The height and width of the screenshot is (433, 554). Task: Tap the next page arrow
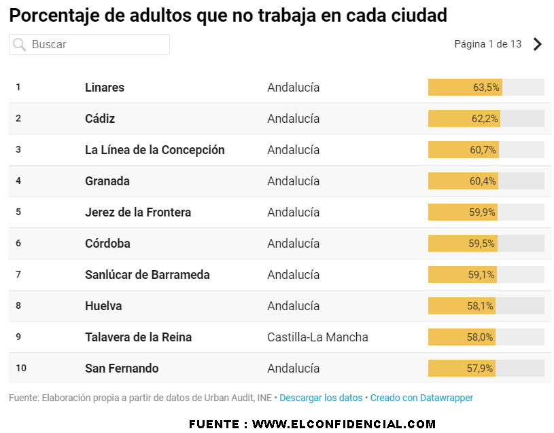(x=538, y=44)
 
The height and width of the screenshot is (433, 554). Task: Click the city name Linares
(x=105, y=88)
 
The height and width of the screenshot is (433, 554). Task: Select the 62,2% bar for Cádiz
(x=485, y=119)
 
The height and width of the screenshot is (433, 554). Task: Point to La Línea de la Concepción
(x=154, y=150)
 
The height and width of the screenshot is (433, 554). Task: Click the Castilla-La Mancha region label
(x=317, y=337)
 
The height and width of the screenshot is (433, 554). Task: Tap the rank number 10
(x=21, y=368)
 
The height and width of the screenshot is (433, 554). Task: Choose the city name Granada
(x=107, y=181)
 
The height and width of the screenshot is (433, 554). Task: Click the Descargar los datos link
(x=321, y=398)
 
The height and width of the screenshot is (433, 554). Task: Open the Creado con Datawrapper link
(x=421, y=398)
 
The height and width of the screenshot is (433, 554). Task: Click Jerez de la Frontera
(x=138, y=212)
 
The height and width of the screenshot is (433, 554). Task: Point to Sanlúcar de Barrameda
(x=147, y=275)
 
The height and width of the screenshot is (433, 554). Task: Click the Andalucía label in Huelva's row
(x=293, y=306)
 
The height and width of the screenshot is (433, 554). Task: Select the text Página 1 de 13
(x=487, y=44)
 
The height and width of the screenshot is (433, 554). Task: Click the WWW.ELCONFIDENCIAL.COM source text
(x=344, y=424)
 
